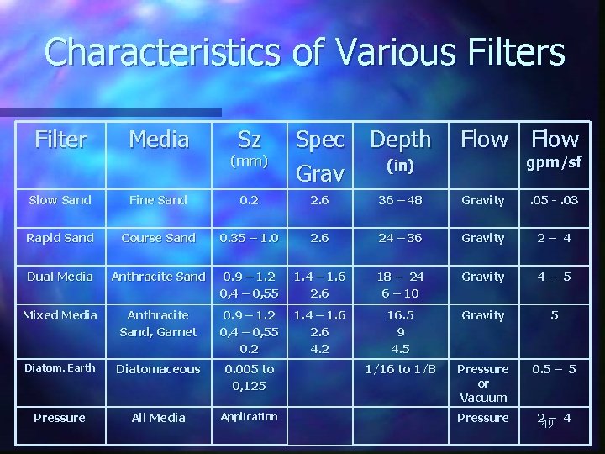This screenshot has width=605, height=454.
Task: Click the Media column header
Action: click(x=159, y=140)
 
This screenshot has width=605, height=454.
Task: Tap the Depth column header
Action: click(x=400, y=140)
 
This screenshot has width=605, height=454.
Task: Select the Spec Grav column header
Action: click(x=320, y=156)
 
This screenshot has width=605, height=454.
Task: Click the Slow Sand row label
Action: click(x=60, y=199)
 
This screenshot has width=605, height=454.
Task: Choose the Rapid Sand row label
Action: click(x=60, y=238)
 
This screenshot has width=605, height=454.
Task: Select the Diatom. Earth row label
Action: click(x=60, y=368)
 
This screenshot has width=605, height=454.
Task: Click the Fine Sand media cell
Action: click(x=159, y=199)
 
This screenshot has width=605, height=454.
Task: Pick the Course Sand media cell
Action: click(x=159, y=238)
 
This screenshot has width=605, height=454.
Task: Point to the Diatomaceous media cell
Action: click(x=159, y=368)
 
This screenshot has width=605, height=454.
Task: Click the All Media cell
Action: click(x=159, y=418)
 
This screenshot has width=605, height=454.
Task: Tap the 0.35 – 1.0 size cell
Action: click(x=249, y=238)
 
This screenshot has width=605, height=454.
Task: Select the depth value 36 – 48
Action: click(x=400, y=199)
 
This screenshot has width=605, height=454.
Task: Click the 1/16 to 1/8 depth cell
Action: click(x=400, y=368)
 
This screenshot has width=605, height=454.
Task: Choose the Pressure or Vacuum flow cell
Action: click(x=484, y=383)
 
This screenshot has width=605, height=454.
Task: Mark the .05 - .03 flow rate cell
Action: click(x=555, y=199)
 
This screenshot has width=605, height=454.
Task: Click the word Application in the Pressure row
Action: click(x=249, y=417)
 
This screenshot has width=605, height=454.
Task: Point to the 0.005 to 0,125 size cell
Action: click(x=249, y=377)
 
